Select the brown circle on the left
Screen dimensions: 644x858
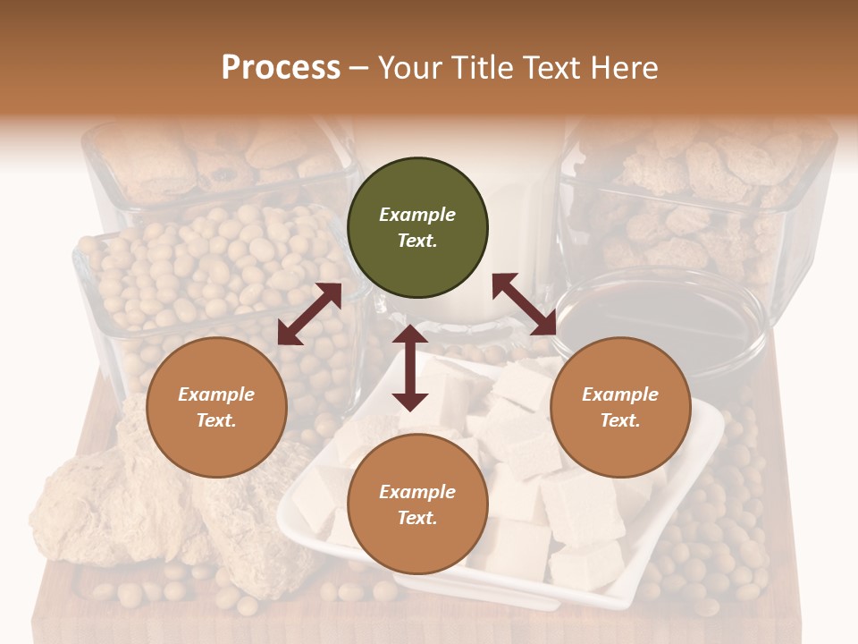216,407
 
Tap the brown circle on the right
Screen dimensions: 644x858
620,407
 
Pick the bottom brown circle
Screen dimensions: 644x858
417,504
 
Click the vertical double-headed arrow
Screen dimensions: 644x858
410,368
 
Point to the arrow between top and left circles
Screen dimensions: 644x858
309,314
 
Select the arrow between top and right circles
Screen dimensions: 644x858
524,304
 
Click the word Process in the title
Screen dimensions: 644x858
281,67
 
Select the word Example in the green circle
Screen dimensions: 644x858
417,215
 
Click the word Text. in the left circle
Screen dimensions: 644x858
216,420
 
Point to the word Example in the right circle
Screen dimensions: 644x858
620,394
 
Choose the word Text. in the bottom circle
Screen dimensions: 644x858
417,518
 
